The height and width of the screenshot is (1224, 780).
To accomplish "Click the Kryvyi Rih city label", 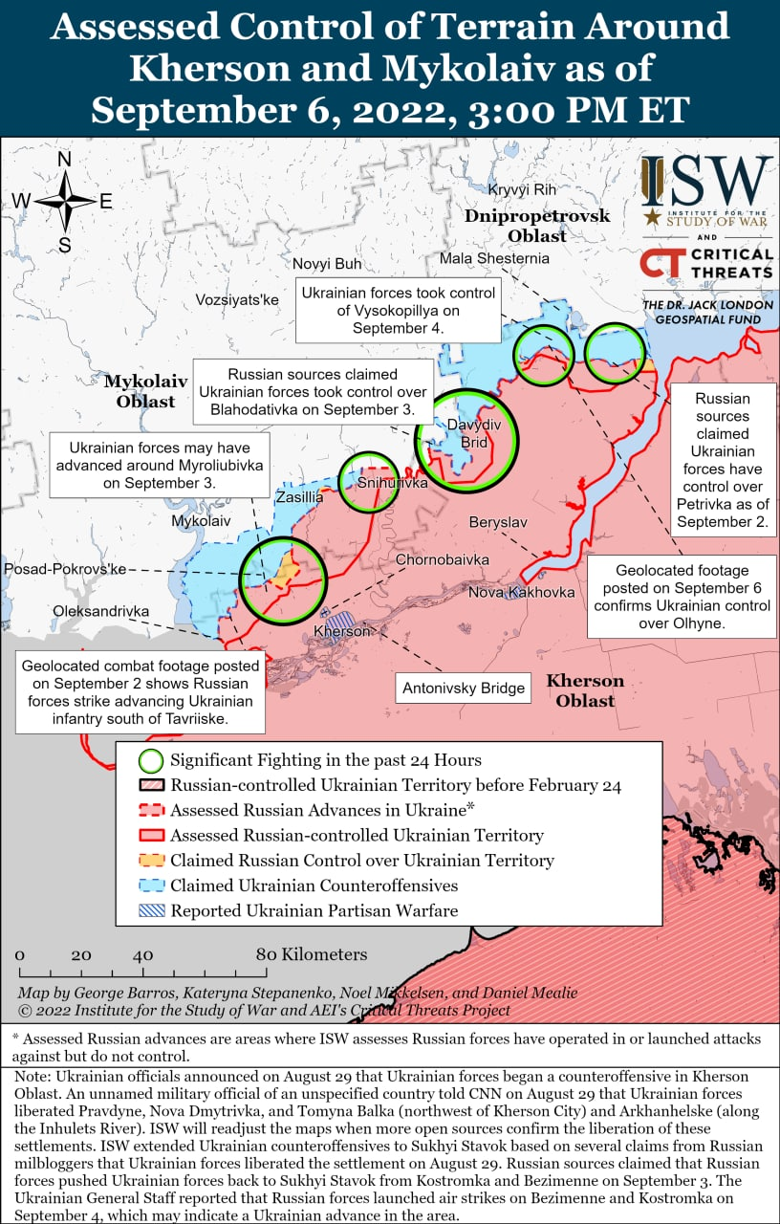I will tap(522, 190).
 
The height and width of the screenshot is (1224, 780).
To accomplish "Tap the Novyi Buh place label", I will tap(327, 264).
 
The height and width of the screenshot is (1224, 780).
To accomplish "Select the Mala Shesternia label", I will tap(494, 258).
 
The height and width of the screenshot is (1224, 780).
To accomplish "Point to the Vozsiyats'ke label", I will tap(237, 299).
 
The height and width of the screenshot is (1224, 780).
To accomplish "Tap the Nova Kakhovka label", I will tap(521, 592).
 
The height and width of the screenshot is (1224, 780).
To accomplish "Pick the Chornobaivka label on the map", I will tap(443, 559).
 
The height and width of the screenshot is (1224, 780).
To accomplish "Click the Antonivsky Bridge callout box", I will tap(464, 688).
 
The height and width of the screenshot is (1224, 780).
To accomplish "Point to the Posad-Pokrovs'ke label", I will tap(65, 569).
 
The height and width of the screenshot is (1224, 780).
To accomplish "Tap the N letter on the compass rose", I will tap(65, 159).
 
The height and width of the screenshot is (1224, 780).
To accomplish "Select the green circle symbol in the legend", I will tap(151, 761).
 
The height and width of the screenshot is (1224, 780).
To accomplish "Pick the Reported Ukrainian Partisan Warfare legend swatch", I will tap(151, 910).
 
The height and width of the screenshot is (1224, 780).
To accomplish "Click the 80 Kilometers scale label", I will tap(311, 954).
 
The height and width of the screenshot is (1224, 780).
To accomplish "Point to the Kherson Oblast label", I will tap(585, 690).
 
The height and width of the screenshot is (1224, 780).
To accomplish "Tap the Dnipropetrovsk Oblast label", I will tap(537, 226).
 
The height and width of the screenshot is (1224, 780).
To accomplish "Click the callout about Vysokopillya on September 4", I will tap(398, 311).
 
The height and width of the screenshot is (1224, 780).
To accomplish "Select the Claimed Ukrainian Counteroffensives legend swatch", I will tap(151, 885).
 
